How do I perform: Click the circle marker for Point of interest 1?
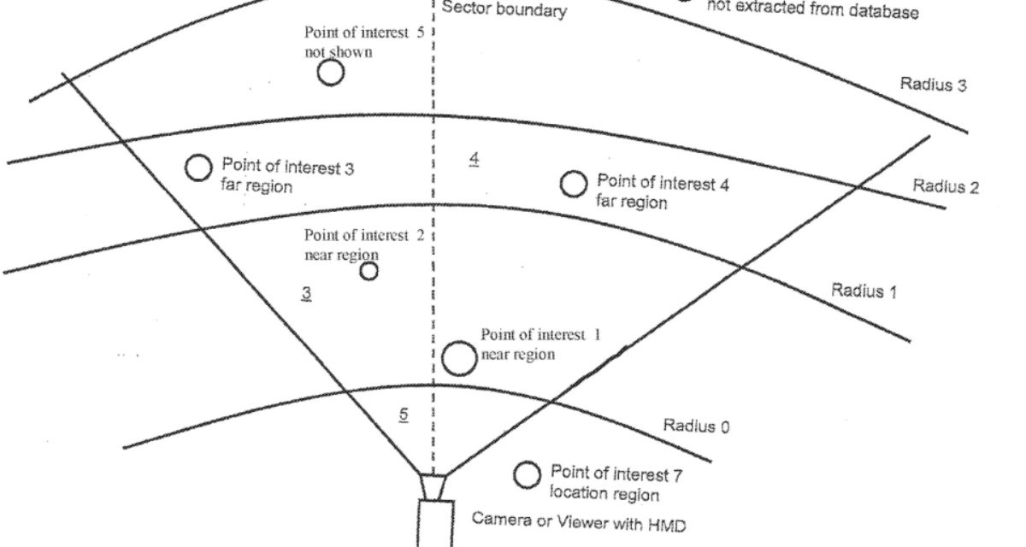[x=460, y=358]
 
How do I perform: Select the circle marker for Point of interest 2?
[x=369, y=272]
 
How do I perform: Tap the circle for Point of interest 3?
[x=198, y=168]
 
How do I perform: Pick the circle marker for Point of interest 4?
[x=573, y=183]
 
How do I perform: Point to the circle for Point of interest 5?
[x=331, y=73]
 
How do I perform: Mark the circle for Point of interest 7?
[x=527, y=474]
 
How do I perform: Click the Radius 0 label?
[x=696, y=425]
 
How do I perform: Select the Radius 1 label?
[x=864, y=291]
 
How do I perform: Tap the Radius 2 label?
[x=946, y=186]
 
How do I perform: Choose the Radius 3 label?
[x=933, y=85]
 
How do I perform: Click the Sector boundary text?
[x=504, y=12]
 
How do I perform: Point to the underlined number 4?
[x=474, y=159]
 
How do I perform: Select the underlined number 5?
[x=404, y=415]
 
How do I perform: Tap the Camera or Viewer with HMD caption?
[x=579, y=521]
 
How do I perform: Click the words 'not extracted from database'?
[x=811, y=13]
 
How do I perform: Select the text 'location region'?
[x=604, y=493]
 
